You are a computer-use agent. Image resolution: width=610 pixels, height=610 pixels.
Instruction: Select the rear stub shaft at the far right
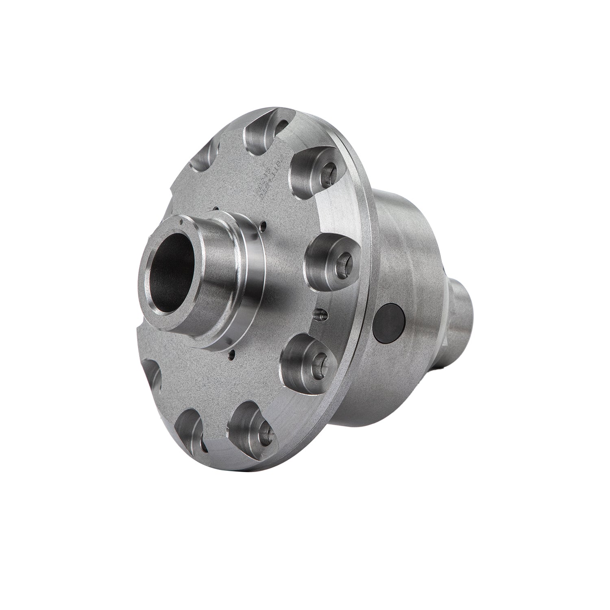[464, 313]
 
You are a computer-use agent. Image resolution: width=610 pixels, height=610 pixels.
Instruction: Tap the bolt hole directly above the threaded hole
[344, 259]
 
